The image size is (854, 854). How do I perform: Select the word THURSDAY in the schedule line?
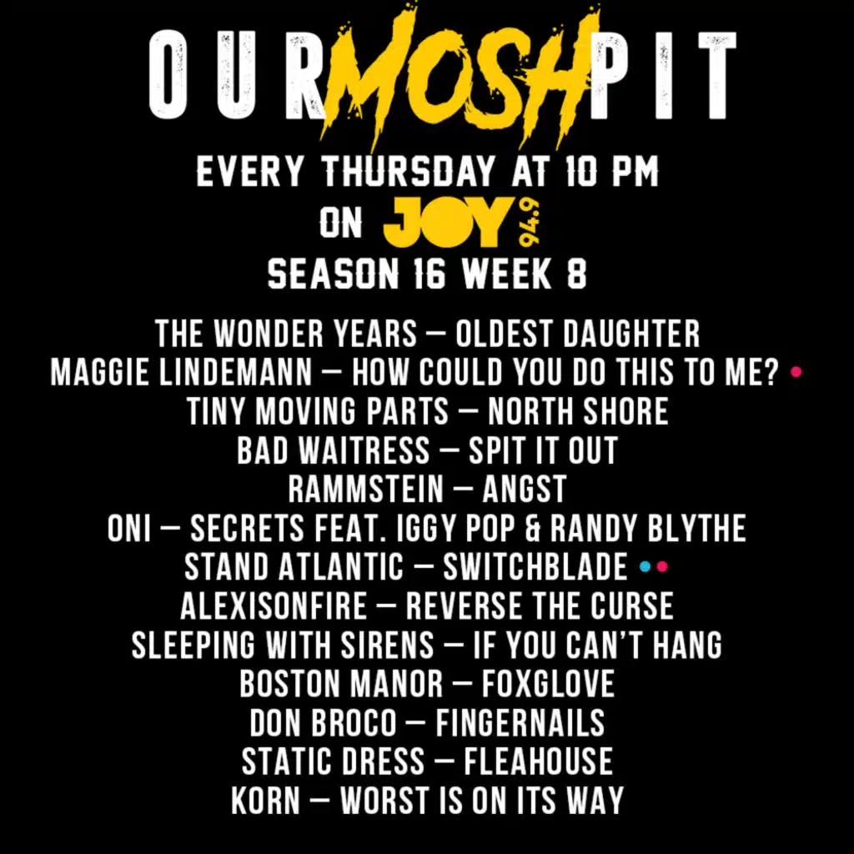(x=407, y=173)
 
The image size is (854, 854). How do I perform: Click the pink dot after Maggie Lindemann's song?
(x=796, y=372)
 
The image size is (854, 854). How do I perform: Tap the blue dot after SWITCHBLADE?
(x=644, y=567)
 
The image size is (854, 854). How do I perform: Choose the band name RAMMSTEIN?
(x=365, y=489)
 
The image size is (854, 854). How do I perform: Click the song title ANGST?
(x=524, y=489)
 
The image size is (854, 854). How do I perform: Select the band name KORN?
(x=265, y=801)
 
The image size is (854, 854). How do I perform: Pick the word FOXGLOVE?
(x=548, y=684)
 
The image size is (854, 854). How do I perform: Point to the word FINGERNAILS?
(x=520, y=722)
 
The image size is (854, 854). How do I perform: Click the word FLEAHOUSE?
(x=538, y=761)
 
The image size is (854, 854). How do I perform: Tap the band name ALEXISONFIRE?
(x=274, y=606)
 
